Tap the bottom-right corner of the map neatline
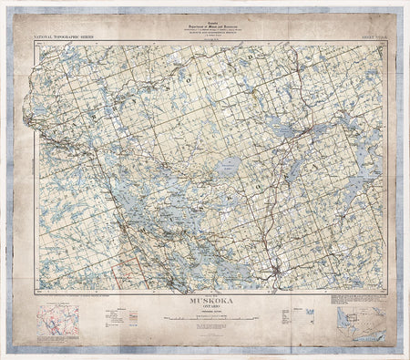[x=383, y=290]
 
